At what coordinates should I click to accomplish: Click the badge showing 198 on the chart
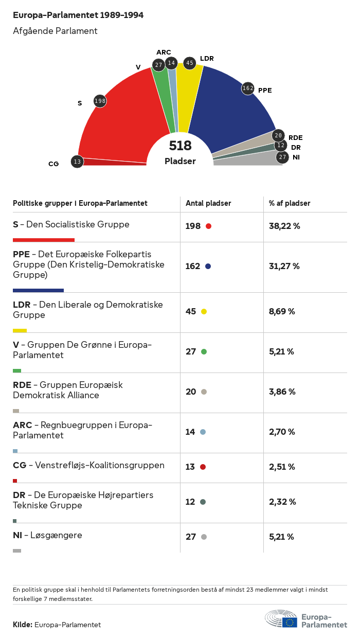click(x=100, y=101)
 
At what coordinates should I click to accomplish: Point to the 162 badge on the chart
click(x=248, y=88)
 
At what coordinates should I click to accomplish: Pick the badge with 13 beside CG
click(x=77, y=162)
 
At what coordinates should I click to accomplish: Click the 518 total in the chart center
click(x=180, y=146)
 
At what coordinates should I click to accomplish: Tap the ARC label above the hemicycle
click(x=164, y=52)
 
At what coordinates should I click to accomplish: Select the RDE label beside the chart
click(x=295, y=137)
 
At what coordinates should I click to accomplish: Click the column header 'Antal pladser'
click(x=208, y=203)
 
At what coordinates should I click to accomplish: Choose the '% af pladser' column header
click(x=290, y=203)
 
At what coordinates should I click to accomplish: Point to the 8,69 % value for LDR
click(x=282, y=311)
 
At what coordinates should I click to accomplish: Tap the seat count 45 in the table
click(x=191, y=311)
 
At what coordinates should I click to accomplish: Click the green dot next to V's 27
click(x=204, y=352)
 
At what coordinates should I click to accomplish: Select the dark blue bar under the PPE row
click(x=38, y=290)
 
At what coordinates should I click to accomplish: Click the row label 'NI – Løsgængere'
click(x=47, y=535)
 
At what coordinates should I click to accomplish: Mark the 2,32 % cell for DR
click(x=282, y=502)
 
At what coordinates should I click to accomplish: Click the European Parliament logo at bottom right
click(x=306, y=619)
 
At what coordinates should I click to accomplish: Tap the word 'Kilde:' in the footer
click(x=23, y=625)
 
